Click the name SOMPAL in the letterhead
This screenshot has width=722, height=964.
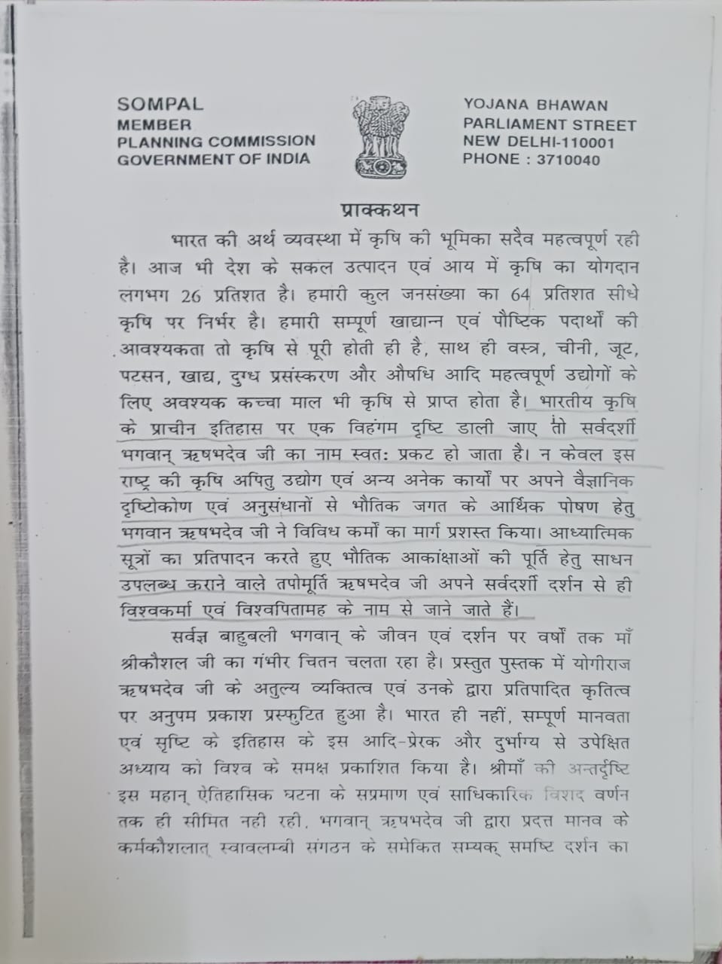click(160, 105)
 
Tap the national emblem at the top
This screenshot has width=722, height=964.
click(381, 136)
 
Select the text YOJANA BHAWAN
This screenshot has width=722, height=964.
click(535, 106)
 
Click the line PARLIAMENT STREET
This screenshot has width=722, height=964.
click(550, 124)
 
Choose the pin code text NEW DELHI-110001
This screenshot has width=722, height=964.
click(538, 142)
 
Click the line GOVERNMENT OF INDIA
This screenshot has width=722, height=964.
click(214, 158)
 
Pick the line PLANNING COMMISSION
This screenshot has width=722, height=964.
click(217, 141)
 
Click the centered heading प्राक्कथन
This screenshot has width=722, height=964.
click(379, 209)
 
